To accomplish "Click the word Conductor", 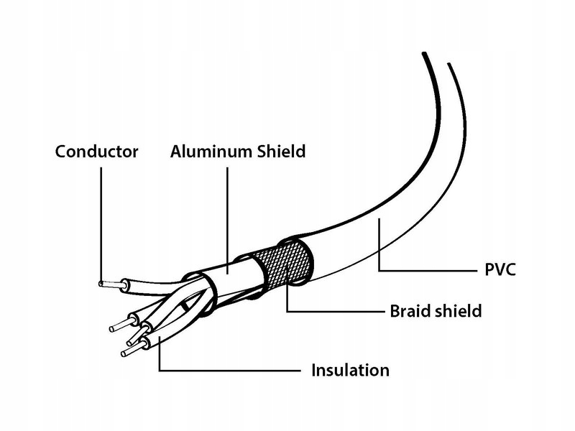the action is click(x=96, y=152).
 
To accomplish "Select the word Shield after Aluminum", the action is click(x=281, y=152).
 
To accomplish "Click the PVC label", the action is click(x=500, y=270).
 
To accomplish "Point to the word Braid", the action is click(x=410, y=311).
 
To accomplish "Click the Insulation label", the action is click(x=350, y=370).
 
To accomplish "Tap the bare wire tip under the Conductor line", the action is click(x=110, y=284).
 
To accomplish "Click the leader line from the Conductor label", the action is click(x=101, y=224).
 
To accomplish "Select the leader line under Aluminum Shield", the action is click(x=227, y=221).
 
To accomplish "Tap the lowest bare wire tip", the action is click(x=131, y=351).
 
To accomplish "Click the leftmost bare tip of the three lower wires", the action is click(x=120, y=325).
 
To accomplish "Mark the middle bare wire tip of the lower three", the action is click(x=134, y=335).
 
